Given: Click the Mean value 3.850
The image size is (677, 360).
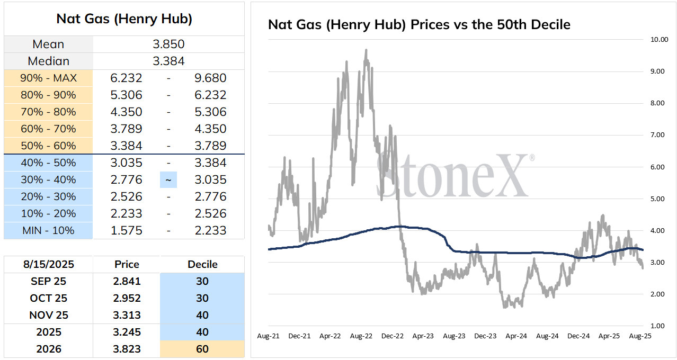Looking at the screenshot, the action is (x=168, y=44).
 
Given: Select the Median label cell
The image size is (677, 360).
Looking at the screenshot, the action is (x=48, y=61).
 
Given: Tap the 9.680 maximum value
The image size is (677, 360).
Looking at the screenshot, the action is (x=210, y=78).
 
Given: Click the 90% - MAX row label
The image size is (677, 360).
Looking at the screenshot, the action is (x=48, y=78).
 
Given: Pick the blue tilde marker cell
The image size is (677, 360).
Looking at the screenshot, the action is (x=168, y=179).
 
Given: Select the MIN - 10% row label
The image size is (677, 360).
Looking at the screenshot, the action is (x=48, y=230).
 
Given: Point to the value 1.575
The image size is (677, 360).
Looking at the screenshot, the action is (x=126, y=230).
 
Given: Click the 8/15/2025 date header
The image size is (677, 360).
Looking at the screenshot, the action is (x=48, y=264).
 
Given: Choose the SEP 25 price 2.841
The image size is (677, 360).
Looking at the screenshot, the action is (x=127, y=281).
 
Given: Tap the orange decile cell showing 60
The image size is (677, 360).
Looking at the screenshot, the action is (x=202, y=349).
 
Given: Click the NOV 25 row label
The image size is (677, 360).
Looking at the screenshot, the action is (x=49, y=315).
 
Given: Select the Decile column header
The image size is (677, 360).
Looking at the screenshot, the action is (x=202, y=264).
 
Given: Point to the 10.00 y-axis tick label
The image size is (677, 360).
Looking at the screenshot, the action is (x=659, y=40).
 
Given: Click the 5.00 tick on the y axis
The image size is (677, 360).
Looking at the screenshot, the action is (x=657, y=199).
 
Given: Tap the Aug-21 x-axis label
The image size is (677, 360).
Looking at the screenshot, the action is (x=268, y=336).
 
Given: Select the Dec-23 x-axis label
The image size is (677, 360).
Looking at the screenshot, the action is (x=485, y=336).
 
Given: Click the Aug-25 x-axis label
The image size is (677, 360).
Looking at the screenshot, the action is (x=640, y=336).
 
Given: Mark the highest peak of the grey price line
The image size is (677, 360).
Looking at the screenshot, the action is (x=366, y=49).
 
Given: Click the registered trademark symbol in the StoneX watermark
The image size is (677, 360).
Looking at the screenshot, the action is (x=532, y=158).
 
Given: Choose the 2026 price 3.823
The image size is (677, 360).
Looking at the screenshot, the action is (x=127, y=349).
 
